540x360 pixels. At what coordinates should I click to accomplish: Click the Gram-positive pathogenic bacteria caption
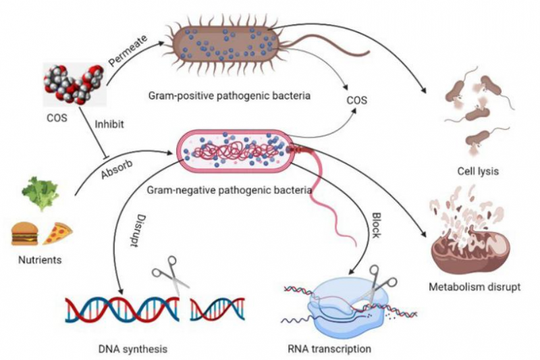230,95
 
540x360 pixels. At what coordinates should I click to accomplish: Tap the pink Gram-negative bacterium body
236,150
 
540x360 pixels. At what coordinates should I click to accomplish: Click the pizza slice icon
57,234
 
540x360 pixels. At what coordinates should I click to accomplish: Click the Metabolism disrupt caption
475,287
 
